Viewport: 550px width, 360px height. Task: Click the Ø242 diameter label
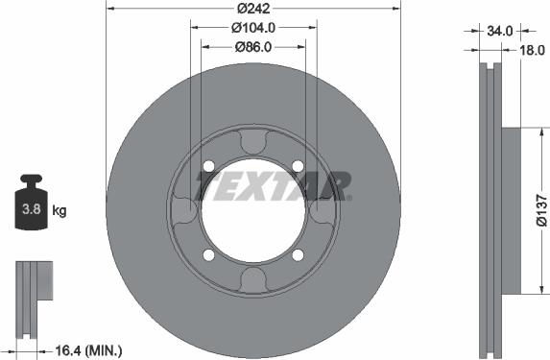click(x=252, y=8)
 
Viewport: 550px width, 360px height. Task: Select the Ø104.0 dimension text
click(x=252, y=27)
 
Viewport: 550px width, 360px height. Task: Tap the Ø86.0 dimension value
click(x=252, y=46)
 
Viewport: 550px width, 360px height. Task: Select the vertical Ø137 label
click(x=540, y=210)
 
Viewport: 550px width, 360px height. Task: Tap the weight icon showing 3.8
click(x=32, y=204)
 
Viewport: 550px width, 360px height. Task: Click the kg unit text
click(x=60, y=210)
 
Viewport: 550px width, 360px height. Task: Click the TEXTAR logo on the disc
click(x=274, y=185)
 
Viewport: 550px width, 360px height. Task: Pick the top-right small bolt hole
click(x=298, y=166)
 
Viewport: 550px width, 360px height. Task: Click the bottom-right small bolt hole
click(x=298, y=254)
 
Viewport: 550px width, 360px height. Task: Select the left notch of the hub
click(x=182, y=210)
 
